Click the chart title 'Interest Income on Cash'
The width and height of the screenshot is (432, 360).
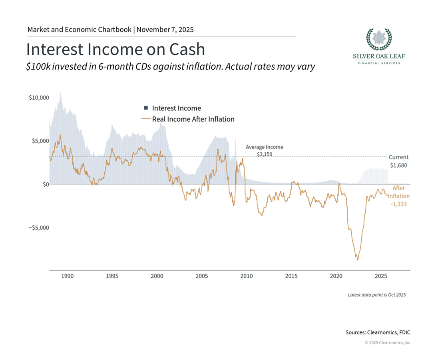(x=115, y=49)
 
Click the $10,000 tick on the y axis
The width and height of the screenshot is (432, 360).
(x=39, y=98)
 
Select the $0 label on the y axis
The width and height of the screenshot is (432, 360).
(x=44, y=184)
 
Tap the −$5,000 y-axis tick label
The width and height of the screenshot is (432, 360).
(x=39, y=228)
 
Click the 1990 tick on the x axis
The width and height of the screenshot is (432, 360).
(x=68, y=276)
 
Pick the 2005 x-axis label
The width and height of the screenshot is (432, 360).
(x=202, y=276)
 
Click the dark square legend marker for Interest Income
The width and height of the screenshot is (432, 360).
(x=146, y=108)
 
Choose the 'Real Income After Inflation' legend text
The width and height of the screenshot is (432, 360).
(x=193, y=119)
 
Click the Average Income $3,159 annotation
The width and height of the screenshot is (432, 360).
(x=264, y=150)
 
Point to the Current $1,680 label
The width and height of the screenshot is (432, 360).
(x=398, y=161)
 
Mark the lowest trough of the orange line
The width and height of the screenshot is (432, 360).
(x=358, y=260)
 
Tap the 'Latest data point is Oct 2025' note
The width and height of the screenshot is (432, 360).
(x=376, y=295)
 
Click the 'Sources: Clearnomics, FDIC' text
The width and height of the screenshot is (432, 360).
(x=378, y=332)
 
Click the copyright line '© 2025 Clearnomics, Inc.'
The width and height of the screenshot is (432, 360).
(x=388, y=342)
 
